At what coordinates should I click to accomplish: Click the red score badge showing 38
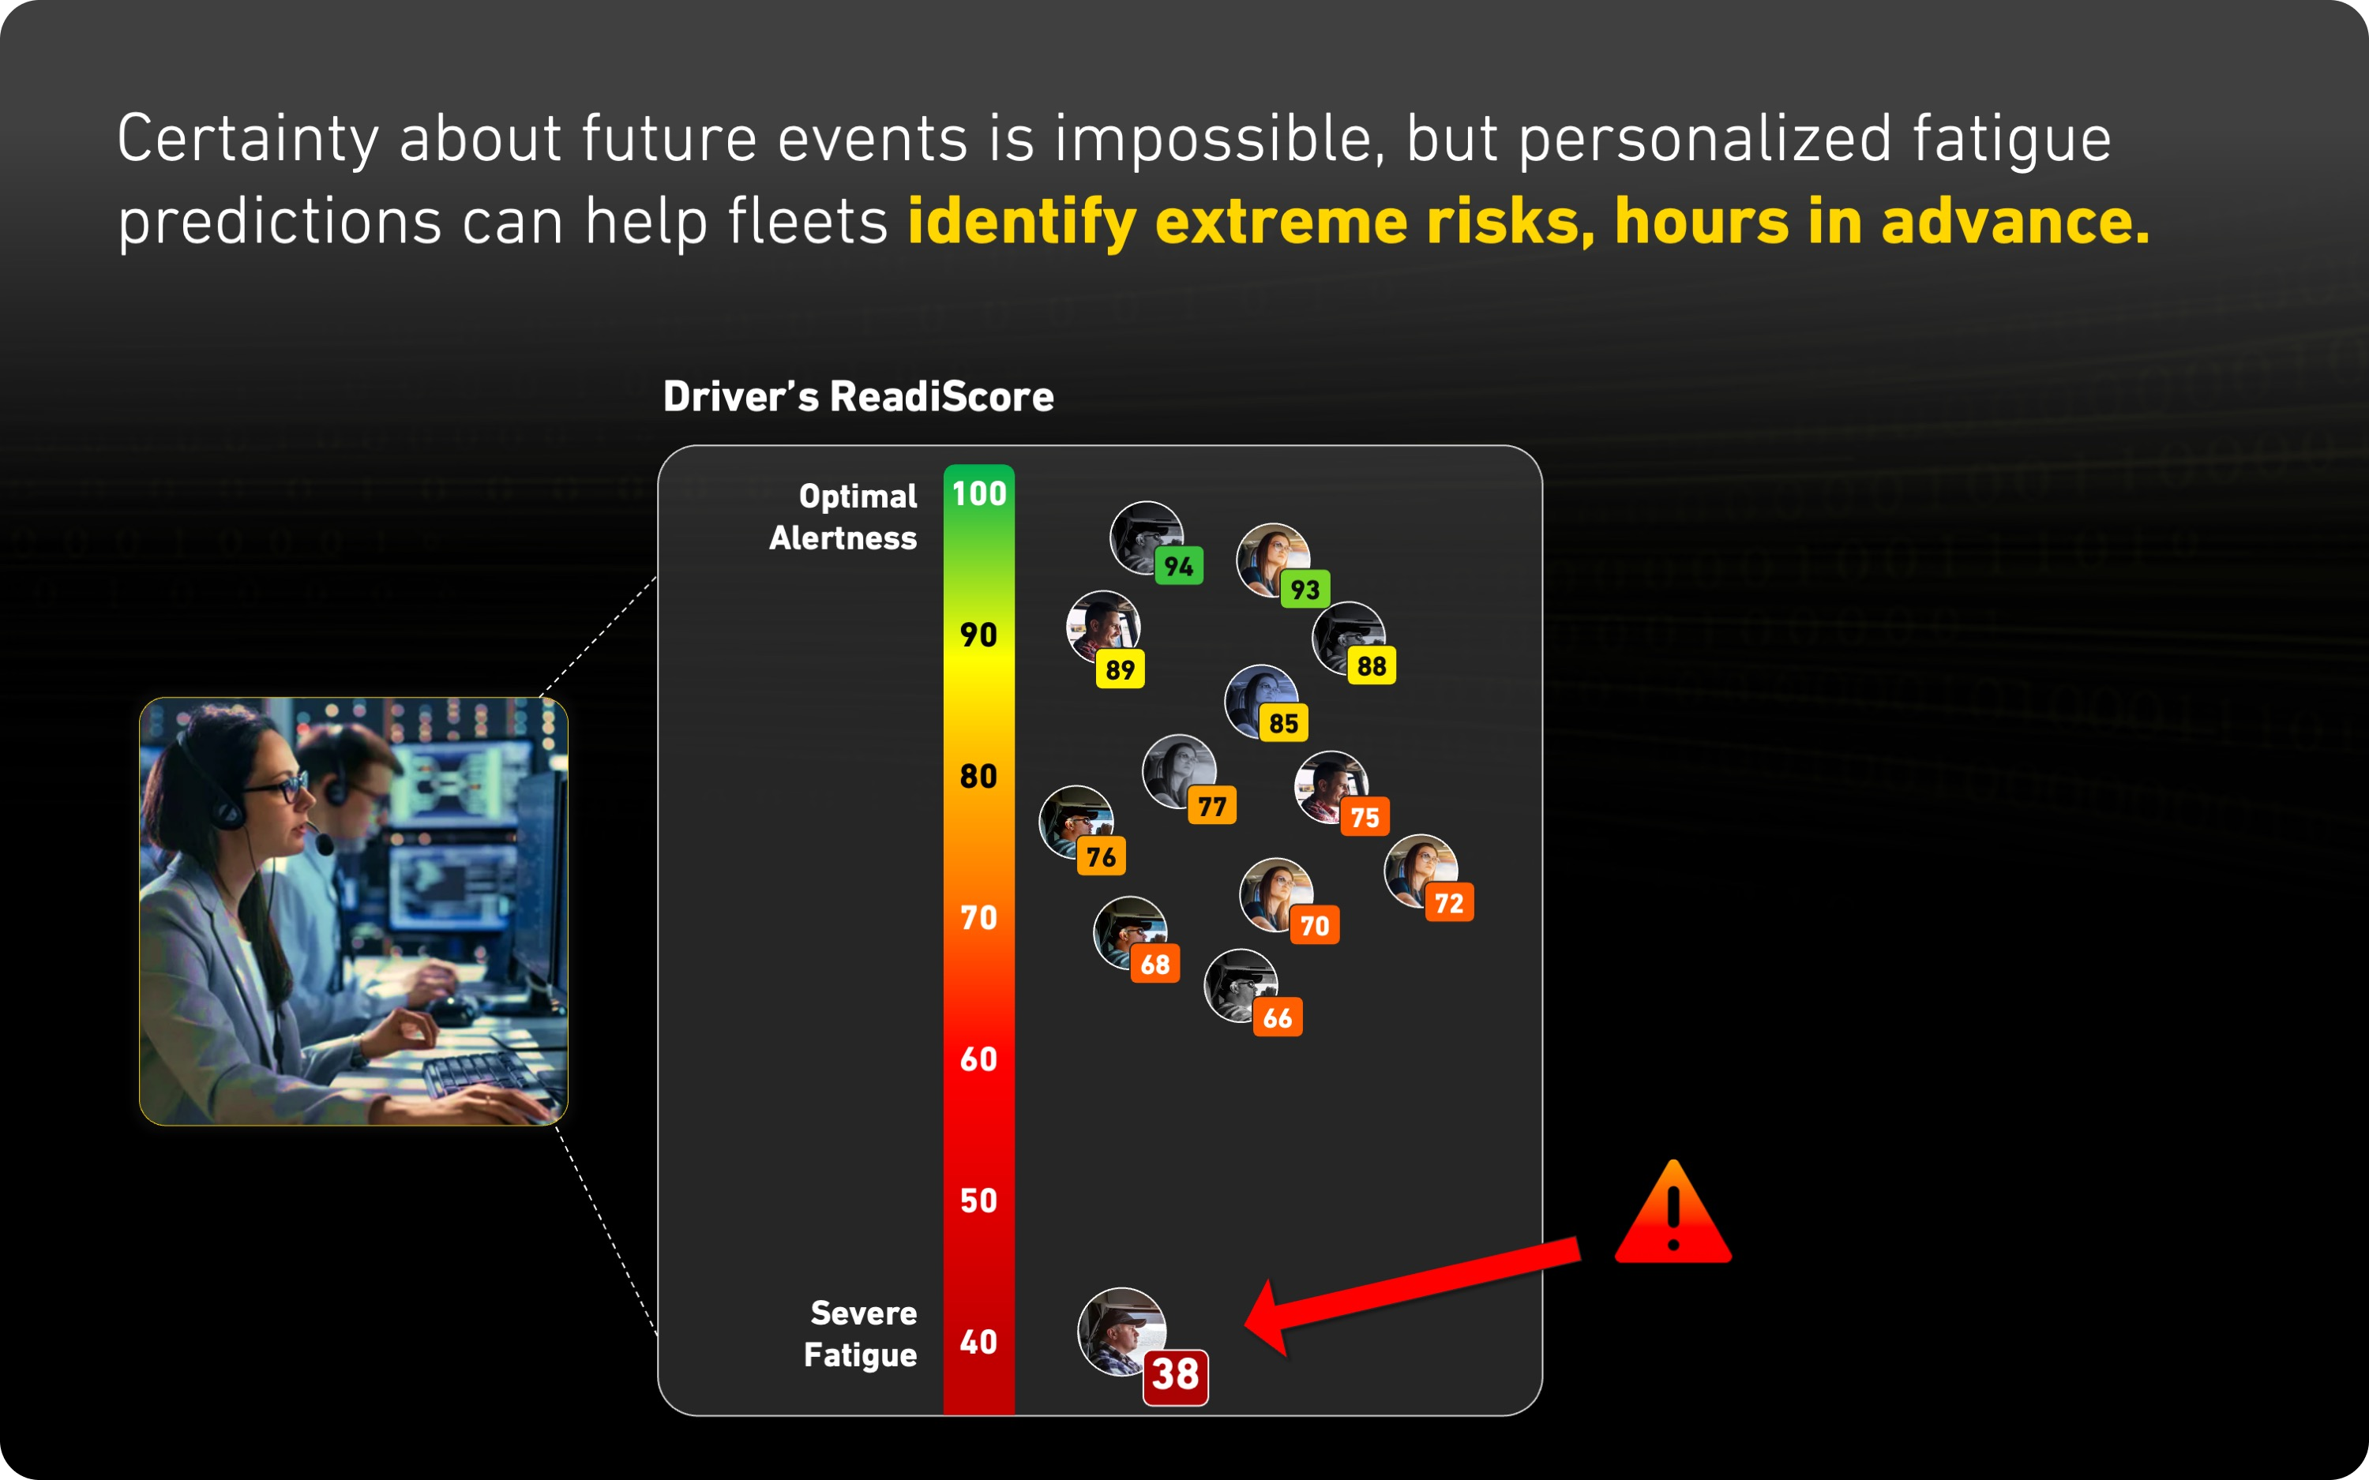tap(1175, 1375)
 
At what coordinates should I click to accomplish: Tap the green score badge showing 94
tap(1179, 566)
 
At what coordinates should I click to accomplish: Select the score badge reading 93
tap(1305, 590)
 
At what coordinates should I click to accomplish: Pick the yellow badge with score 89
tap(1120, 669)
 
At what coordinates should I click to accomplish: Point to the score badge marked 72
tap(1449, 902)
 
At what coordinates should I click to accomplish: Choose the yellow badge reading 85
tap(1283, 723)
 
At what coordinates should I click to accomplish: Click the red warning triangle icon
tap(1673, 1216)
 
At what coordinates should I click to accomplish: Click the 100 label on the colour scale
tap(979, 493)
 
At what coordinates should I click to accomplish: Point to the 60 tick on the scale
tap(979, 1059)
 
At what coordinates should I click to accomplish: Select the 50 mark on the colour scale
tap(979, 1201)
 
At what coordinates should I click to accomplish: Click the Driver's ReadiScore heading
tap(858, 396)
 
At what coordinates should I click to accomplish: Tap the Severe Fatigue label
tap(861, 1334)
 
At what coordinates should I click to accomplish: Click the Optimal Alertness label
tap(844, 517)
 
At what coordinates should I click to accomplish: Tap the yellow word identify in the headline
tap(1021, 222)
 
